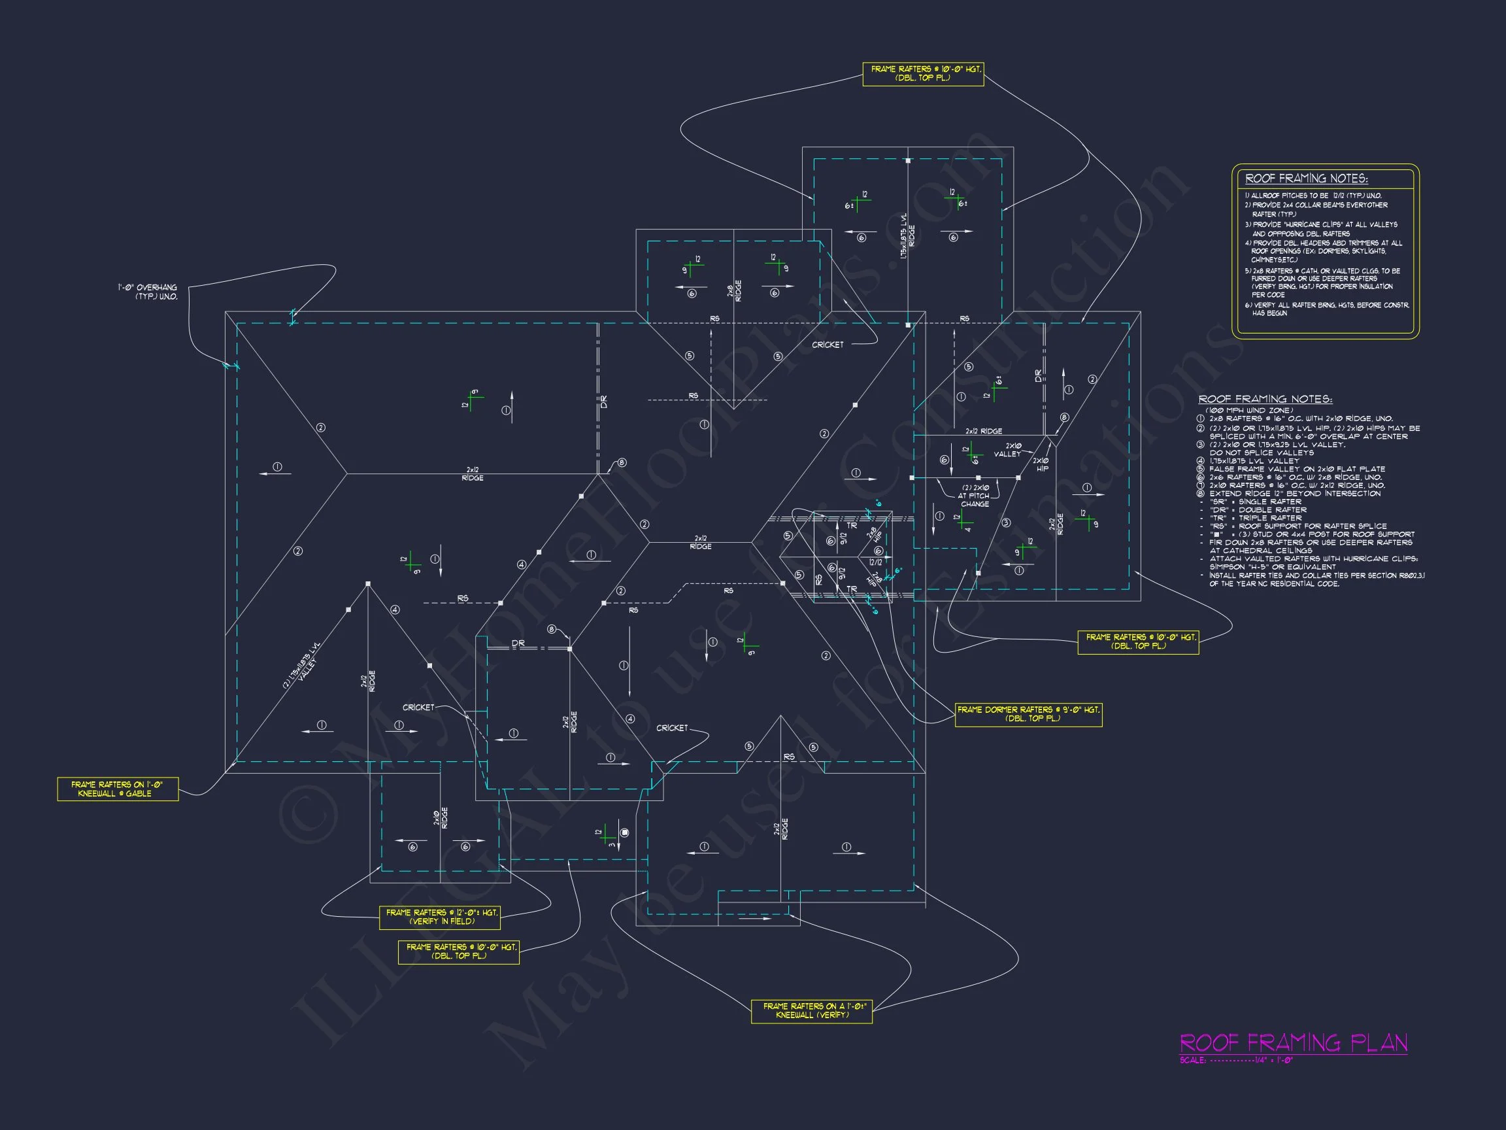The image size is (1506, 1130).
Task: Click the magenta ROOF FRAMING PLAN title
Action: [1293, 1043]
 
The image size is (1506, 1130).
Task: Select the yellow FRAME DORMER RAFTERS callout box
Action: [1028, 714]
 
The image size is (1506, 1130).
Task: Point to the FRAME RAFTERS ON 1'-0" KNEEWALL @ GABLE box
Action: [117, 789]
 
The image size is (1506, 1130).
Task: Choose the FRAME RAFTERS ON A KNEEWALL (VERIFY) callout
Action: [812, 1011]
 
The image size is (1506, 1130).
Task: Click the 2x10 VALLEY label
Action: [1007, 450]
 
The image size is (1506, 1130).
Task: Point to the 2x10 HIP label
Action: [1042, 464]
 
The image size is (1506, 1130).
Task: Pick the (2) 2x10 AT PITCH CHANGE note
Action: [975, 496]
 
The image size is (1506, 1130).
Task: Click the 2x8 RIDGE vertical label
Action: [735, 290]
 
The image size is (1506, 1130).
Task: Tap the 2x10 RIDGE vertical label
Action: [441, 818]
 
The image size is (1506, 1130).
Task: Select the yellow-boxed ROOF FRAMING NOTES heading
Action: [1306, 179]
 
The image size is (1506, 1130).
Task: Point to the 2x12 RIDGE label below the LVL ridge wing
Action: [983, 431]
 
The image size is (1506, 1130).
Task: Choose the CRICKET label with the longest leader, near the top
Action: [828, 345]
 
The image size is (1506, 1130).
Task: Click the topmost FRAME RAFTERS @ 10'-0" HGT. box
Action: [922, 73]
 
